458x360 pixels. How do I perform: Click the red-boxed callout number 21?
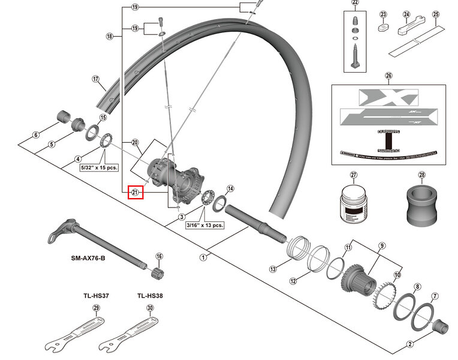pyautogui.click(x=135, y=193)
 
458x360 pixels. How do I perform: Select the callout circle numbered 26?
pyautogui.click(x=388, y=76)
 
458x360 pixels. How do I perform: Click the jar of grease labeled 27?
pyautogui.click(x=352, y=207)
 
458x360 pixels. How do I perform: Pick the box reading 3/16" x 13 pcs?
pyautogui.click(x=204, y=225)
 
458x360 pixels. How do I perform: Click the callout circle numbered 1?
pyautogui.click(x=203, y=257)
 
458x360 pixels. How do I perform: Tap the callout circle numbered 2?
pyautogui.click(x=409, y=344)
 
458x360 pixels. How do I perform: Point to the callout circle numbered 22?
pyautogui.click(x=355, y=3)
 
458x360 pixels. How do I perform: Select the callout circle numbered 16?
pyautogui.click(x=159, y=256)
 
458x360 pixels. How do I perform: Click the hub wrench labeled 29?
pyautogui.click(x=75, y=336)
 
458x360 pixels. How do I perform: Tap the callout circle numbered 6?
pyautogui.click(x=36, y=134)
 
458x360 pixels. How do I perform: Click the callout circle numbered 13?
pyautogui.click(x=273, y=269)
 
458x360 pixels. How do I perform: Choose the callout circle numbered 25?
pyautogui.click(x=436, y=14)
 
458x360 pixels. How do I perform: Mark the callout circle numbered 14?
pyautogui.click(x=231, y=188)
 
